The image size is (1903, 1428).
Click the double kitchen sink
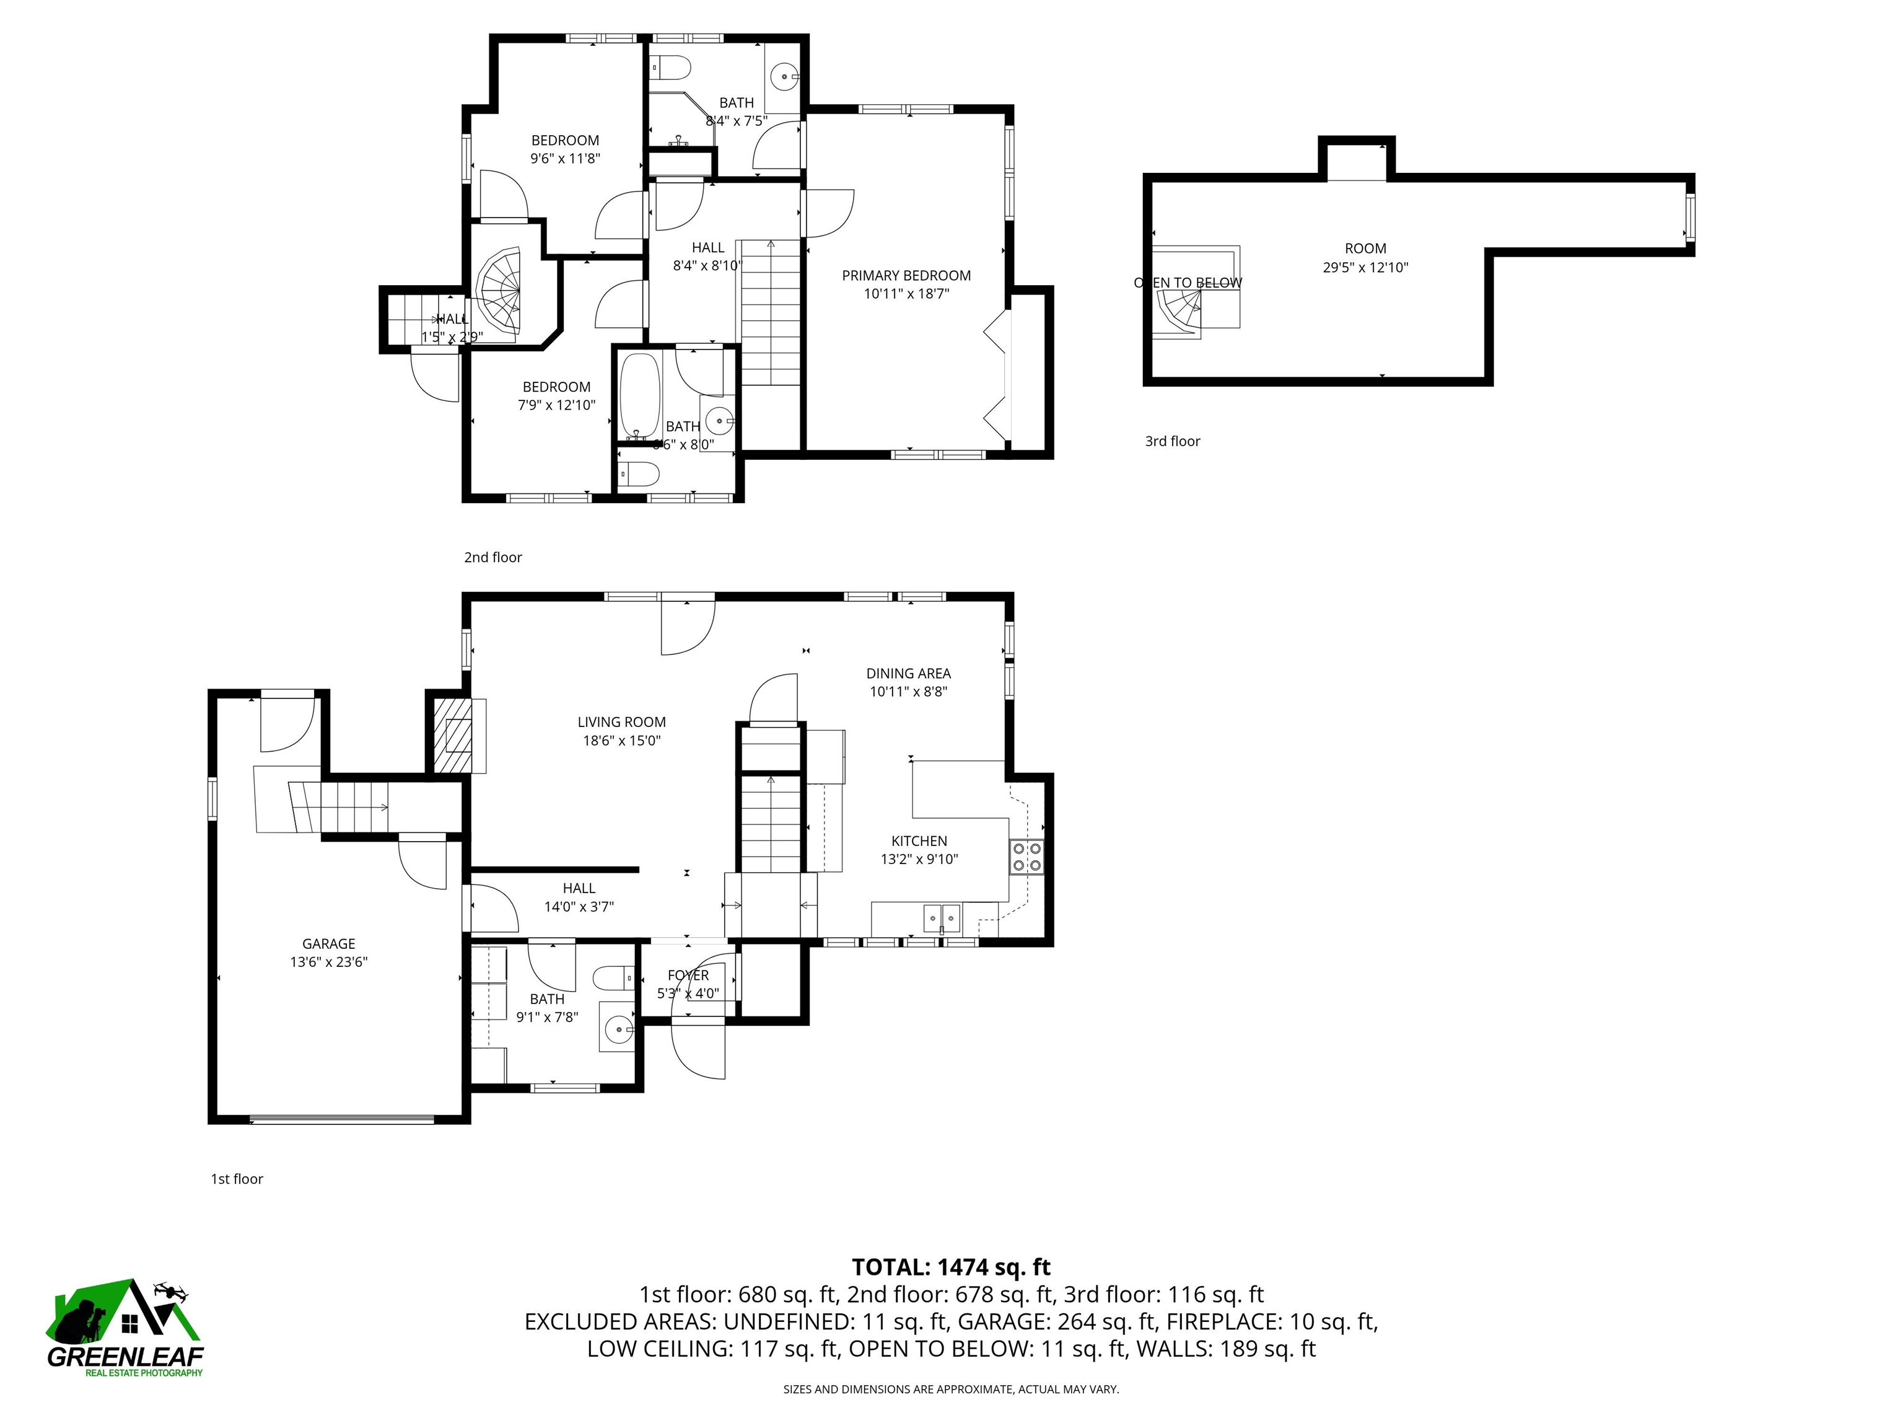pos(942,919)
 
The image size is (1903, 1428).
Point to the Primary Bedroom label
pos(906,275)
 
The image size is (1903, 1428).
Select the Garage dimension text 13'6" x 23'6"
pos(329,963)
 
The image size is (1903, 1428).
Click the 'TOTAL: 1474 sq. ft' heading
pos(951,1267)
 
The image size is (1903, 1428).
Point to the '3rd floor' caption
pos(1172,441)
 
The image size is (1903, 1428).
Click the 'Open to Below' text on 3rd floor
pos(1188,283)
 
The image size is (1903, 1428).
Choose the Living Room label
pos(621,722)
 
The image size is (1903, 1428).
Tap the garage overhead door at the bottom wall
pos(341,1120)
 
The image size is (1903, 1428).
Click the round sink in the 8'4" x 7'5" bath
pos(785,76)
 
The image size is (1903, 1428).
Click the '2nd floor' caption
pos(493,558)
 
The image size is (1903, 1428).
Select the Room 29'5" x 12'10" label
pos(1365,249)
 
